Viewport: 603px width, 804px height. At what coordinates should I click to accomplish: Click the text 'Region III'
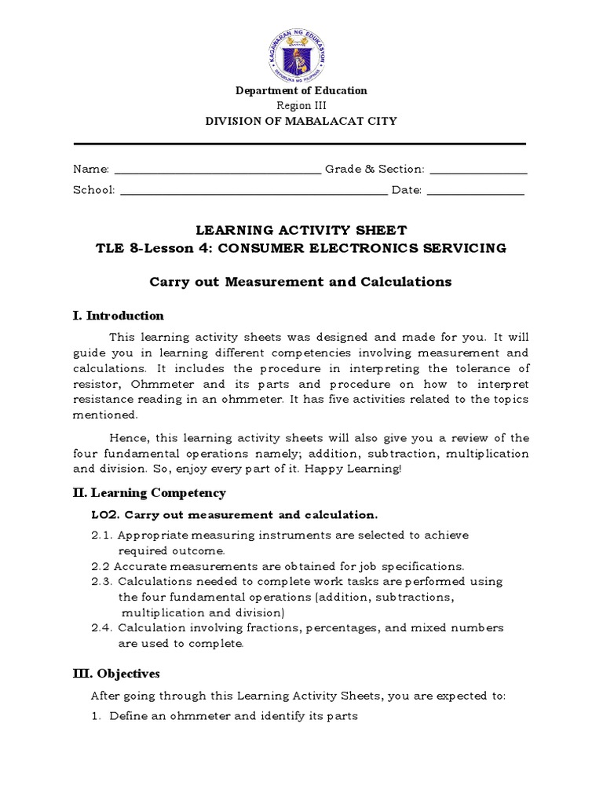coord(301,106)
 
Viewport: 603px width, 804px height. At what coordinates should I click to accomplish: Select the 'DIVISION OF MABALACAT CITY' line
coord(301,121)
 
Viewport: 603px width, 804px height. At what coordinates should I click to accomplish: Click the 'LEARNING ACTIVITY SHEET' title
coord(301,230)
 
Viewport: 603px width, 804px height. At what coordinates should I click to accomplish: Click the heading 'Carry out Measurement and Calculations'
coord(301,282)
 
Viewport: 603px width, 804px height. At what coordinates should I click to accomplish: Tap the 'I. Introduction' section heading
coord(119,316)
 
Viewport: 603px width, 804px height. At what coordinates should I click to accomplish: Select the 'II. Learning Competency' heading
coord(149,493)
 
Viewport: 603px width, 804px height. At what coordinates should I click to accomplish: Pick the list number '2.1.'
coord(103,535)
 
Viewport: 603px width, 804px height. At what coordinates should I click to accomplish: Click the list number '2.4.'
coord(103,628)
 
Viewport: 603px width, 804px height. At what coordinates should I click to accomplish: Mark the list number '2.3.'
coord(103,582)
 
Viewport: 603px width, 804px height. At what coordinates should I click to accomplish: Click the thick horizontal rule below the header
coord(299,144)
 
